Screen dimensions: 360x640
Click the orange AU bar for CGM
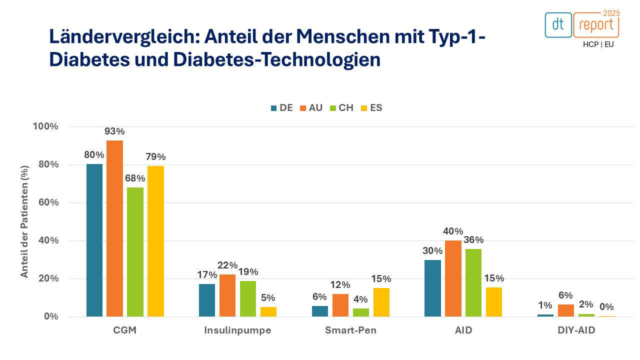click(114, 228)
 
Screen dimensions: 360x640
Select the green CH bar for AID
click(473, 282)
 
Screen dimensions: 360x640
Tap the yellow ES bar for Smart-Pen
click(381, 302)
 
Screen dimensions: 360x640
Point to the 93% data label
click(114, 131)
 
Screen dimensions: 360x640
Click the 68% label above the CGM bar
click(135, 178)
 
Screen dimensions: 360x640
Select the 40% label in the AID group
click(452, 231)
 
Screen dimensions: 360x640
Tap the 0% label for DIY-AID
click(606, 307)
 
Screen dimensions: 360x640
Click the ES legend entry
click(371, 107)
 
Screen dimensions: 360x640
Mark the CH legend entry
click(341, 107)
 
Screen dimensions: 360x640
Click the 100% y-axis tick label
click(45, 126)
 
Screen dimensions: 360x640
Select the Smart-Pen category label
click(350, 330)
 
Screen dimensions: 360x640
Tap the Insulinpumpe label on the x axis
click(237, 330)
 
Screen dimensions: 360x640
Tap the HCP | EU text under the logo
click(598, 44)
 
